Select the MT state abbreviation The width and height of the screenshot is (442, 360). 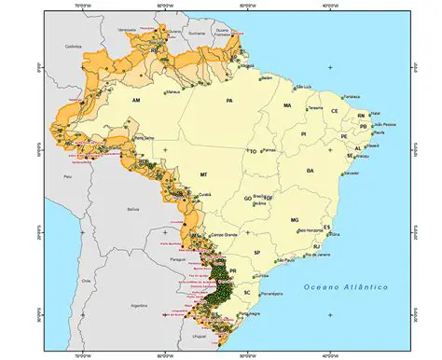[202, 174]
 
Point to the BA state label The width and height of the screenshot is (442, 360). [310, 171]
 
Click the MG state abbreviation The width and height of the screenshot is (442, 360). [295, 220]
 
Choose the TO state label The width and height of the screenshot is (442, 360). [252, 151]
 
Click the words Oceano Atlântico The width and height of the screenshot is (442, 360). [346, 286]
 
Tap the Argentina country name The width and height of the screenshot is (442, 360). [140, 305]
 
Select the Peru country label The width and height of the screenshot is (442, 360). [66, 175]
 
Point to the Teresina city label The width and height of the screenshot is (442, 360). [315, 108]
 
